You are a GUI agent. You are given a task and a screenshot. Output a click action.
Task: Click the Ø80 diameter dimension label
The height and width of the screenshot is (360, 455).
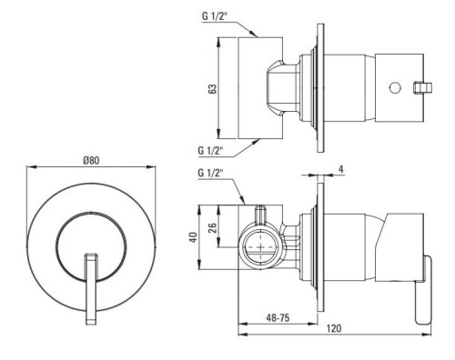click(91, 160)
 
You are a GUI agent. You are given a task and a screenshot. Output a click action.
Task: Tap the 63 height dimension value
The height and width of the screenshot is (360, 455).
click(213, 88)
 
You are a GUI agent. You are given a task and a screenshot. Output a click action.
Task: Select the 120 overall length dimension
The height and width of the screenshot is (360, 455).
click(334, 328)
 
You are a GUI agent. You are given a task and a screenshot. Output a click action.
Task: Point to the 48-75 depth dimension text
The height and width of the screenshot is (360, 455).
click(278, 317)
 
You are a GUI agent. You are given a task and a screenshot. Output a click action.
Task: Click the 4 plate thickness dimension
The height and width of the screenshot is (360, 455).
click(341, 169)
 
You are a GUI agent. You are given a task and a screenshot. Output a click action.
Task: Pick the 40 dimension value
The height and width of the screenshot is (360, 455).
click(193, 236)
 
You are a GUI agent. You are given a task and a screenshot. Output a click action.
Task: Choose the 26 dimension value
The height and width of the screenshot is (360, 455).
click(213, 227)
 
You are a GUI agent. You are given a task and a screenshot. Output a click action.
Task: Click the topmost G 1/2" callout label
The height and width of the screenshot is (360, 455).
click(215, 16)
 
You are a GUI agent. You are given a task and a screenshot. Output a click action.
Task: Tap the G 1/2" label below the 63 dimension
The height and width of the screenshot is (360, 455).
click(210, 150)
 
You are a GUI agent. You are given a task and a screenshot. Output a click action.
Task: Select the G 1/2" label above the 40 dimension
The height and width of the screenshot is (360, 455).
click(210, 173)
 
